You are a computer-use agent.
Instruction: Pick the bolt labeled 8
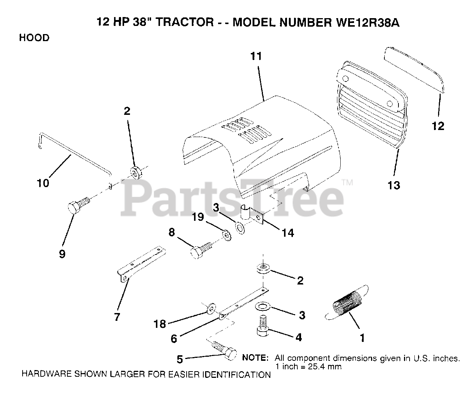tap(201, 250)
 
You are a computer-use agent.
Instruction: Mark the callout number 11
tap(256, 56)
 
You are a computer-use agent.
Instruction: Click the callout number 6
tap(174, 339)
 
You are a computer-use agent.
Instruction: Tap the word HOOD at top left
tap(34, 38)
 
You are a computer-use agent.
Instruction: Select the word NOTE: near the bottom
tap(255, 358)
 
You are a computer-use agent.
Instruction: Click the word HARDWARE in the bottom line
tap(42, 375)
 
